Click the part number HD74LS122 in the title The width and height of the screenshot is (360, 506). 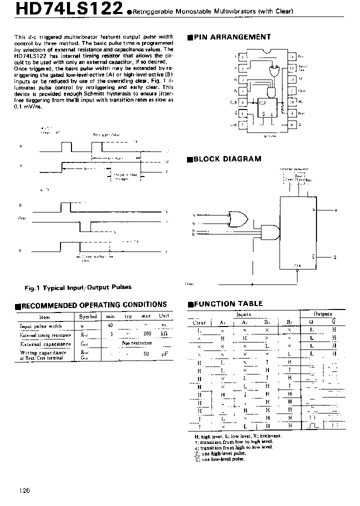[x=61, y=9]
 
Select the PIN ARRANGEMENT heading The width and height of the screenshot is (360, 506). [x=231, y=37]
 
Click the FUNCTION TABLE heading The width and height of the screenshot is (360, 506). [x=227, y=303]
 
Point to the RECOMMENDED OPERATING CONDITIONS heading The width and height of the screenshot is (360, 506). [x=92, y=304]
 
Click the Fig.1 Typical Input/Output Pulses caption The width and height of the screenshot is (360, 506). [x=78, y=287]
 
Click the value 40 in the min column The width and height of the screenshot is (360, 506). [x=110, y=325]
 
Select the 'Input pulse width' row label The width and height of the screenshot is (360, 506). [x=41, y=325]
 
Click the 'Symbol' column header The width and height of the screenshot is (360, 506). [x=86, y=316]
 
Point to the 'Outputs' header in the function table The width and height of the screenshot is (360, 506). [x=322, y=314]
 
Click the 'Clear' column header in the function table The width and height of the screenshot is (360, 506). [x=199, y=322]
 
